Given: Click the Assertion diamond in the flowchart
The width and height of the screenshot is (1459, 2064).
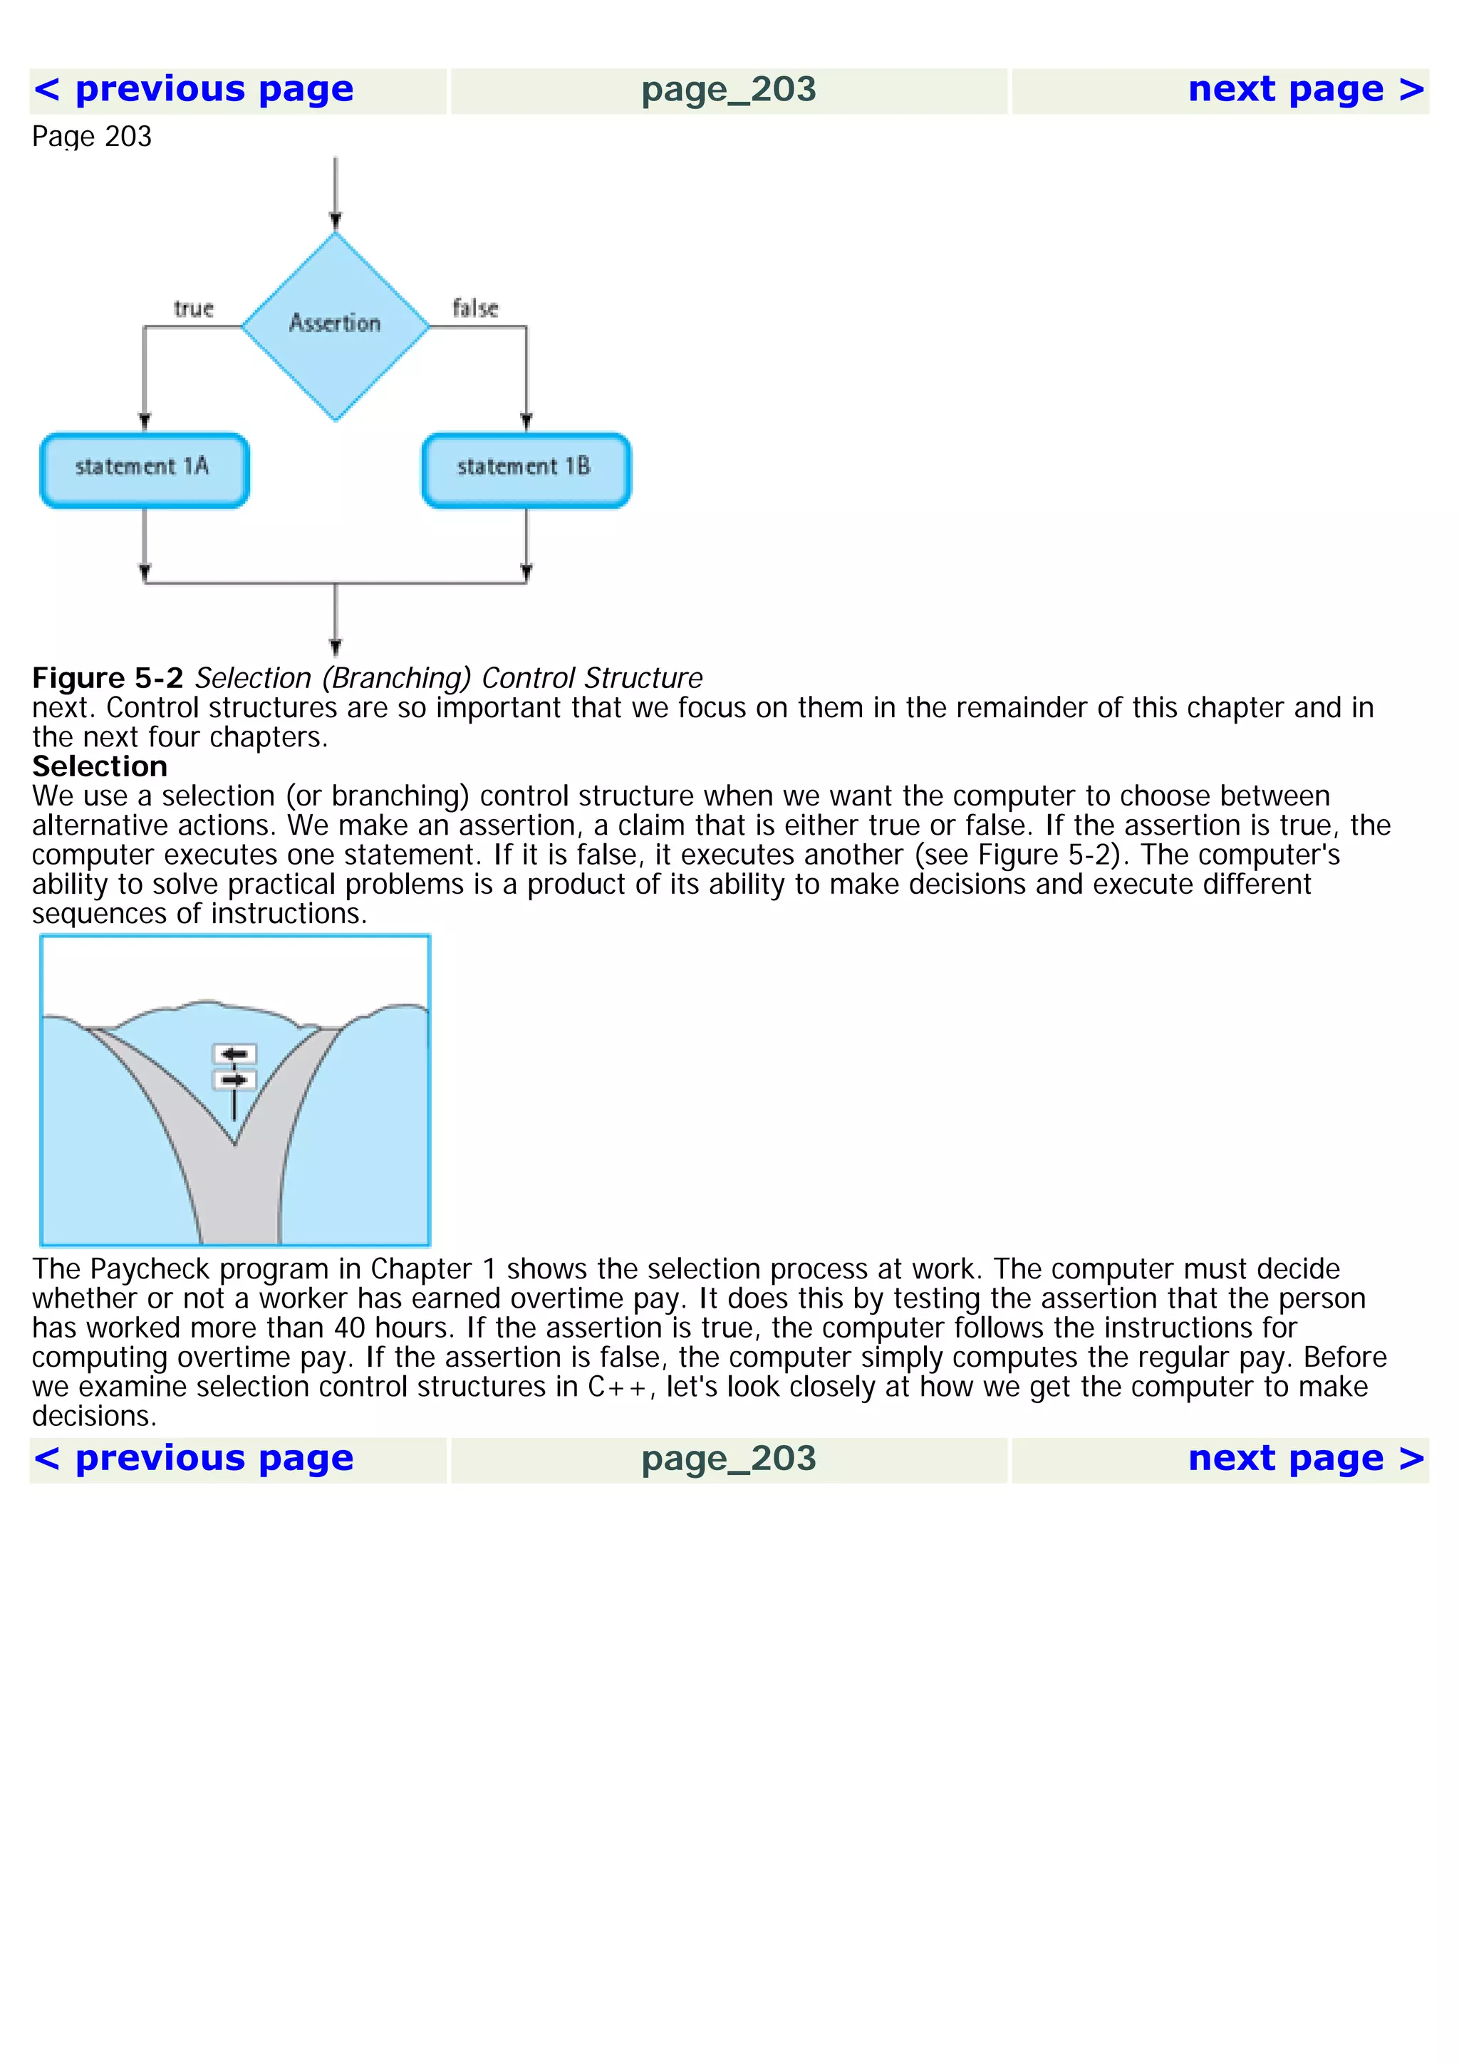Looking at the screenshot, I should [336, 325].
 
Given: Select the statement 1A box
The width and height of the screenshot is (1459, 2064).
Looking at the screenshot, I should [144, 470].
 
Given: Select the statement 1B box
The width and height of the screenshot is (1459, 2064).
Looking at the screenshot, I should [526, 470].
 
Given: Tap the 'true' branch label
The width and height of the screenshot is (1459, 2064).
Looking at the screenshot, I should [193, 308].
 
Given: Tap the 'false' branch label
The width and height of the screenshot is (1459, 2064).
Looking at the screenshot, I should [474, 308].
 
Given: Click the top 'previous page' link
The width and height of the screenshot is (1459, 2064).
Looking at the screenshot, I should [193, 90].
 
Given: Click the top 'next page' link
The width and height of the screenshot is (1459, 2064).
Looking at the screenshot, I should [1305, 90].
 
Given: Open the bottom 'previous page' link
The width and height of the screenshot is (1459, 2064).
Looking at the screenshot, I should [193, 1458].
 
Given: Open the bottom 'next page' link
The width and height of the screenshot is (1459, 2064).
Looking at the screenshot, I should [1305, 1458].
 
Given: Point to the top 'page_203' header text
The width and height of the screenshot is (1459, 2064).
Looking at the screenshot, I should [728, 90].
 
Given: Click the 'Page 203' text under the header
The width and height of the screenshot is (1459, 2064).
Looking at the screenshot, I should [92, 137].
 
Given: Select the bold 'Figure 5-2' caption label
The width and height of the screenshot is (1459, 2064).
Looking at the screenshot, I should [108, 678].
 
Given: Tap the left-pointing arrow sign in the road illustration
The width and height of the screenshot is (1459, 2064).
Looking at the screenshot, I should [234, 1053].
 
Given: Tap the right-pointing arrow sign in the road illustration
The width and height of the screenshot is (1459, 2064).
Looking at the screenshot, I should [234, 1080].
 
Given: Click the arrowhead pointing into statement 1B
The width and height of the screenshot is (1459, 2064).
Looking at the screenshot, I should [526, 421].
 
